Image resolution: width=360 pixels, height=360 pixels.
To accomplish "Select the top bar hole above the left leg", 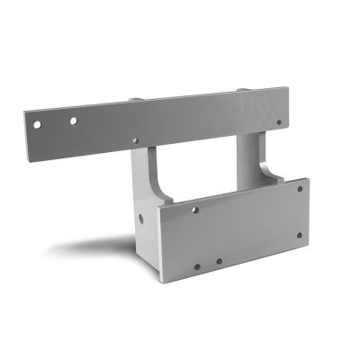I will tap(135, 141).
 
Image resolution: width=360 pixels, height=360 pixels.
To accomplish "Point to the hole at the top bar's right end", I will tap(278, 122).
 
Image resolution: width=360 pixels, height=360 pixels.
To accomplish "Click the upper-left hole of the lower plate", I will tap(195, 210).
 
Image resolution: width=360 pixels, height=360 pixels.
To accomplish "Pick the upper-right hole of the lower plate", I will tap(301, 189).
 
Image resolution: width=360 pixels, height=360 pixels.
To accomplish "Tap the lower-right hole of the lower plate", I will tap(300, 237).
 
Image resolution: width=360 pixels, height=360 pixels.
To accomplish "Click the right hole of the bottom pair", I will tap(219, 262).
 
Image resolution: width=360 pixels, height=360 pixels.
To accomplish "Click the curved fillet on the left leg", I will tap(157, 184).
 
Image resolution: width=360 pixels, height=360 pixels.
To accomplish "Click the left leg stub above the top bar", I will tap(135, 100).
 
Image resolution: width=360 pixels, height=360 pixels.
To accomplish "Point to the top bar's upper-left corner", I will tap(24, 111).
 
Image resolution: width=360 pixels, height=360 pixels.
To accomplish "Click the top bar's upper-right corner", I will tap(286, 86).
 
